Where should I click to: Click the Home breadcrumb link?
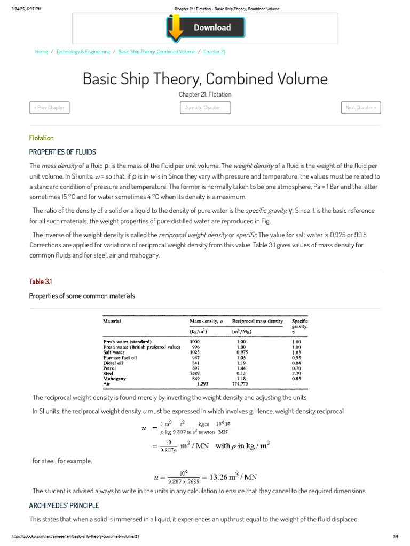coord(42,52)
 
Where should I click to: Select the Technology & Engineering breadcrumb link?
coord(83,52)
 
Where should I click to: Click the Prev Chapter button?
coord(49,107)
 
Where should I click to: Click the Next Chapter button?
coord(360,107)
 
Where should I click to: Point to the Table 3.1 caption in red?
coord(41,282)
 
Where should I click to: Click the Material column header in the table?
coord(112,321)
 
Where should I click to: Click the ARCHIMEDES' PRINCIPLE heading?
coord(64,505)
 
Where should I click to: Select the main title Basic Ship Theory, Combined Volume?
coord(205,79)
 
